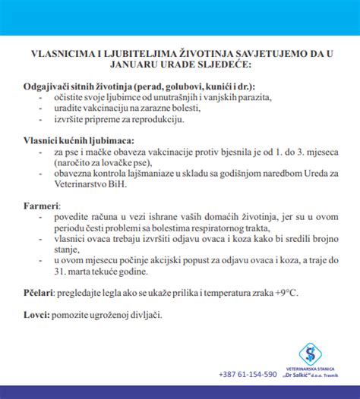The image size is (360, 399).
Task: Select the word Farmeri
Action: pyautogui.click(x=39, y=205)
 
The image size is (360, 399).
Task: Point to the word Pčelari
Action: pyautogui.click(x=39, y=291)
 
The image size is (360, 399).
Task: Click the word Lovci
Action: pyautogui.click(x=36, y=313)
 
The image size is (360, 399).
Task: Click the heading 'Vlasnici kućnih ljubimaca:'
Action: pyautogui.click(x=79, y=140)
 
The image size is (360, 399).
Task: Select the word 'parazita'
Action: pyautogui.click(x=251, y=97)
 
